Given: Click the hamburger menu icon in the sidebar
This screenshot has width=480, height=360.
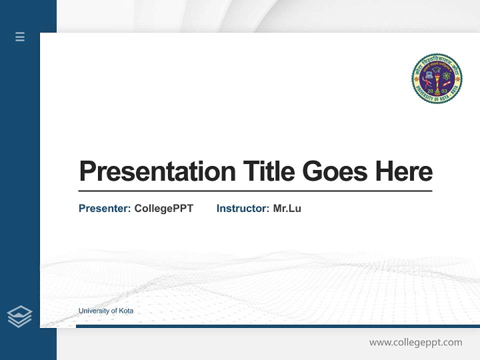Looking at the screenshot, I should (20, 36).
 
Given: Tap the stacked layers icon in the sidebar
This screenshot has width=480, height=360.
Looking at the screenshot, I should (20, 316).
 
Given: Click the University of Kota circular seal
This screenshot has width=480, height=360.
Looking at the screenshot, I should (436, 78).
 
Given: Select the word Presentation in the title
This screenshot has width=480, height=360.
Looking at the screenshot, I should (157, 171).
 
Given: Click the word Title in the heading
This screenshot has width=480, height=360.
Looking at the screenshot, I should (268, 171).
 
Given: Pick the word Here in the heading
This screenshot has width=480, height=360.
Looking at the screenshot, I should (403, 171).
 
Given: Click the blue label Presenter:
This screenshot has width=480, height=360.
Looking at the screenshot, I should (104, 208).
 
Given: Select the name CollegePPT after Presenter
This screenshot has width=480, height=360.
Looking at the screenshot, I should (163, 208).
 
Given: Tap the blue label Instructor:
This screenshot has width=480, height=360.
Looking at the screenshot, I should (242, 208).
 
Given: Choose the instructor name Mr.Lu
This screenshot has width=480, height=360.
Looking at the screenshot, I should (287, 208).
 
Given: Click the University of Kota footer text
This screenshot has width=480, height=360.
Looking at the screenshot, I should (106, 311).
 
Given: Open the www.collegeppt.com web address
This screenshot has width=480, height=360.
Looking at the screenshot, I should (415, 342).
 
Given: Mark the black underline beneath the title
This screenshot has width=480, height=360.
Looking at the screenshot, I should (255, 191).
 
